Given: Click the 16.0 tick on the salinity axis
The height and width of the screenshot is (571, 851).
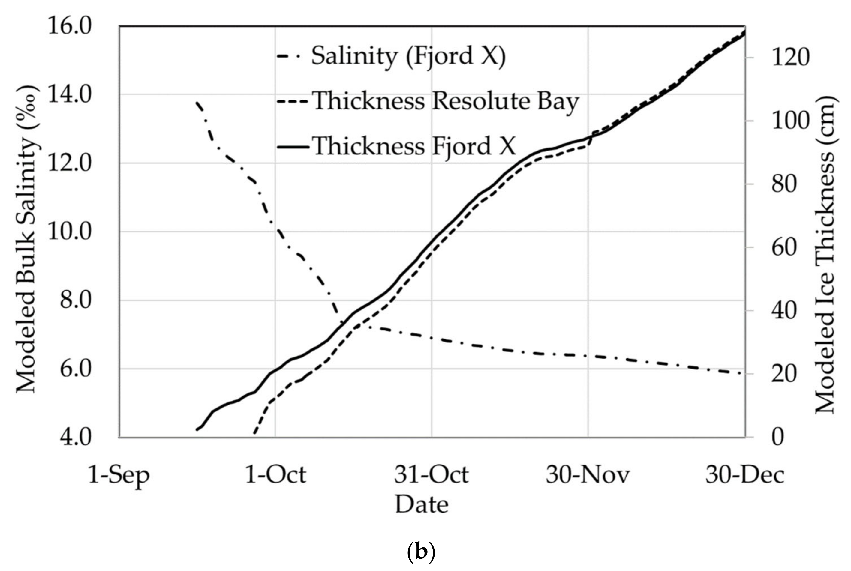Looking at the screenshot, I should pyautogui.click(x=69, y=27).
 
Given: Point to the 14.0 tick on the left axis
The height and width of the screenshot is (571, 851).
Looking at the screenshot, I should pyautogui.click(x=69, y=95).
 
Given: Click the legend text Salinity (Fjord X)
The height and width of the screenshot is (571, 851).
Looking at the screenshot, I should pyautogui.click(x=408, y=56).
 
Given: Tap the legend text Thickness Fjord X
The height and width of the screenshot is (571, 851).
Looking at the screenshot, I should pyautogui.click(x=414, y=146).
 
